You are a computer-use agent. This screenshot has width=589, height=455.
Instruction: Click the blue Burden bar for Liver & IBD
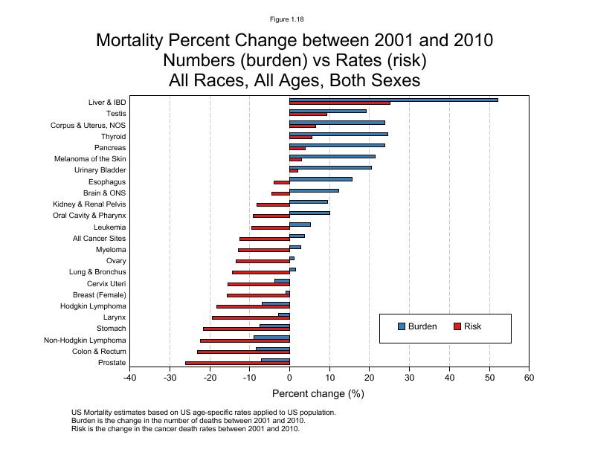coord(393,100)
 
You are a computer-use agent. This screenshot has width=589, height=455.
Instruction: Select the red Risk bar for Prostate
coord(237,363)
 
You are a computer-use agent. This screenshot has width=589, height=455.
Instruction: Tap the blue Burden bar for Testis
coord(328,111)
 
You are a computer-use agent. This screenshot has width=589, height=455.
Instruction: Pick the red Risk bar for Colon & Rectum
coord(243,352)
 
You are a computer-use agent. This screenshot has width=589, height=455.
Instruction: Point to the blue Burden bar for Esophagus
coord(321,179)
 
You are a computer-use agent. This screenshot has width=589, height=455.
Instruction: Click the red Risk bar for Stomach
coord(246,329)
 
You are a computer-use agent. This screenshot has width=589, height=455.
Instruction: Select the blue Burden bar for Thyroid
coord(338,134)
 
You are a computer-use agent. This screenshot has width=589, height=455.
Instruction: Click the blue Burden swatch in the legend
coord(402,326)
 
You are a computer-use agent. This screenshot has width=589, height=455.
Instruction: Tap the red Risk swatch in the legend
coord(457,326)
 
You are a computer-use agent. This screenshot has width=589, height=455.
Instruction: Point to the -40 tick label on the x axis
coord(130,378)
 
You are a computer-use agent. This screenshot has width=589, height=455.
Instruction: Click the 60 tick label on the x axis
coord(529,378)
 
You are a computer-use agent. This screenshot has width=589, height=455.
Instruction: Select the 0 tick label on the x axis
coord(289,378)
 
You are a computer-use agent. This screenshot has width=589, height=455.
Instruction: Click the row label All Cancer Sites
coord(99,238)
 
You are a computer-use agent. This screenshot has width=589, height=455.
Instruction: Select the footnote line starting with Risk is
coord(185,429)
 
